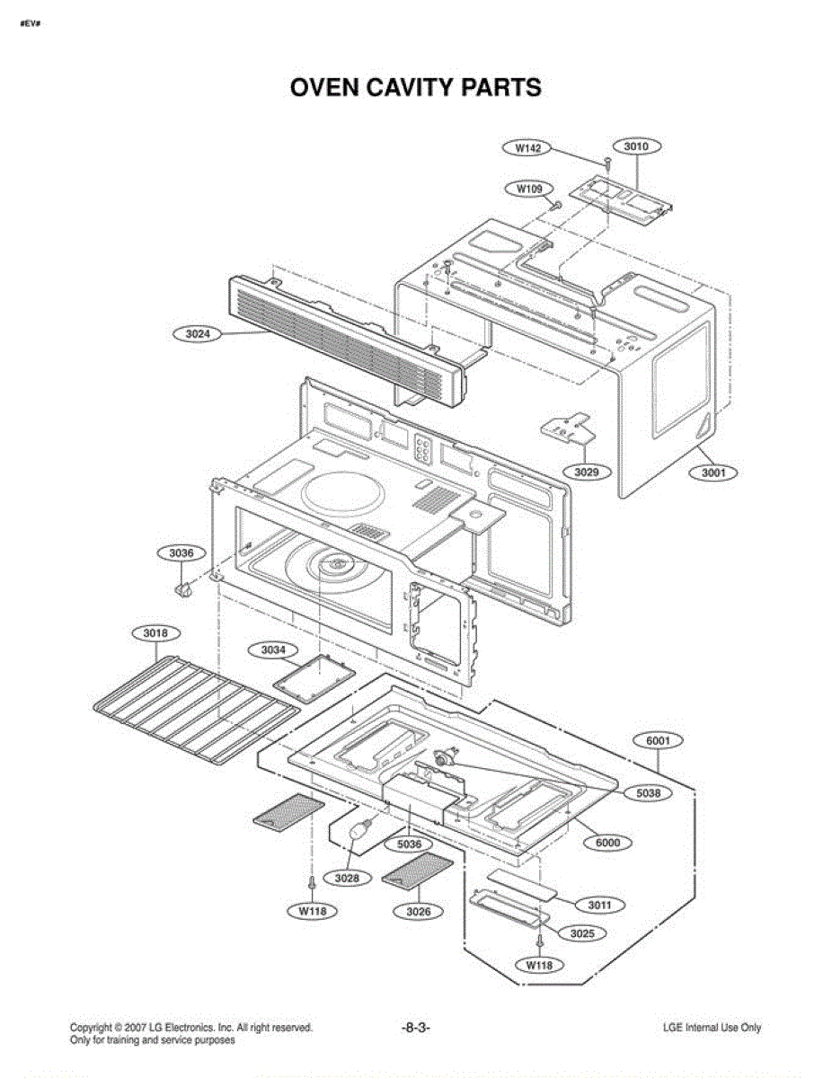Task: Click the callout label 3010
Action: click(x=636, y=146)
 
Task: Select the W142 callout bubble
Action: click(x=527, y=148)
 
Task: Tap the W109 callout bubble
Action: click(x=529, y=189)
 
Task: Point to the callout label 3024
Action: click(x=198, y=334)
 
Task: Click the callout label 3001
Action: click(x=713, y=473)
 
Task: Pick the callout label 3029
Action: click(x=587, y=472)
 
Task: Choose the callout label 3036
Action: click(x=181, y=552)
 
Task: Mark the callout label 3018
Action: click(x=155, y=633)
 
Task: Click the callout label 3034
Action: click(x=273, y=649)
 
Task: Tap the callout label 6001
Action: click(x=659, y=740)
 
